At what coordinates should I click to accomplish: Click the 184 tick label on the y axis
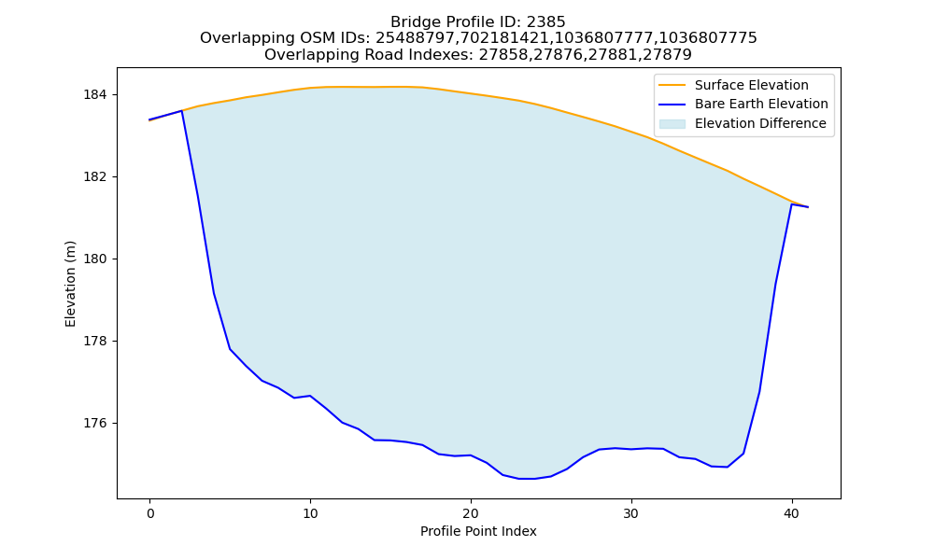coord(96,95)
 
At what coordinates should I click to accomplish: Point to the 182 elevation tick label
coord(96,177)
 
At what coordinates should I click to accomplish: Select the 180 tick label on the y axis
coord(96,259)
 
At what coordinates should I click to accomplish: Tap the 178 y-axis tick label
coord(96,342)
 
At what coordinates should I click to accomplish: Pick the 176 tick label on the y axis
coord(96,424)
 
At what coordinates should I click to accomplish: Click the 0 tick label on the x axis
coord(150,513)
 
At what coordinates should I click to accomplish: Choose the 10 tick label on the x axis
coord(310,513)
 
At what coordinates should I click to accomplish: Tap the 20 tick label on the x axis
coord(471,513)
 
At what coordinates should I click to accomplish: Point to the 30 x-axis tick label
coord(631,513)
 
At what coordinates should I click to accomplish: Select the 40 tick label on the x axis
coord(792,513)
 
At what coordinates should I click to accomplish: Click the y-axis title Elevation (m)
coord(70,284)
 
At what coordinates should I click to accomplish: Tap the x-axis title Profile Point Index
coord(478,531)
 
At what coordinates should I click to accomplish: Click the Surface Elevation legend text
coord(751,85)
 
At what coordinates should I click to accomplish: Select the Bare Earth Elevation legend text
coord(761,105)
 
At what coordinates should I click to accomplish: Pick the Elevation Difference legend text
coord(760,123)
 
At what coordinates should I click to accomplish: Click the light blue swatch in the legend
coord(672,124)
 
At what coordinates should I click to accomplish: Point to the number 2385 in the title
coord(545,22)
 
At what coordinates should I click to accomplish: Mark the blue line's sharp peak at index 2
coord(182,111)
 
